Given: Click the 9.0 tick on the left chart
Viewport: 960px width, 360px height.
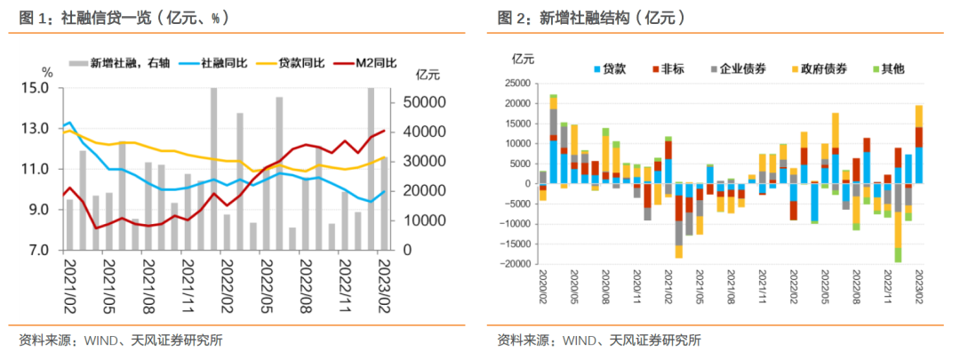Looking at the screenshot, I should coord(38,210).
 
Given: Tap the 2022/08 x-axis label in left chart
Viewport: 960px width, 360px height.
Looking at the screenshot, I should coord(302,280).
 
